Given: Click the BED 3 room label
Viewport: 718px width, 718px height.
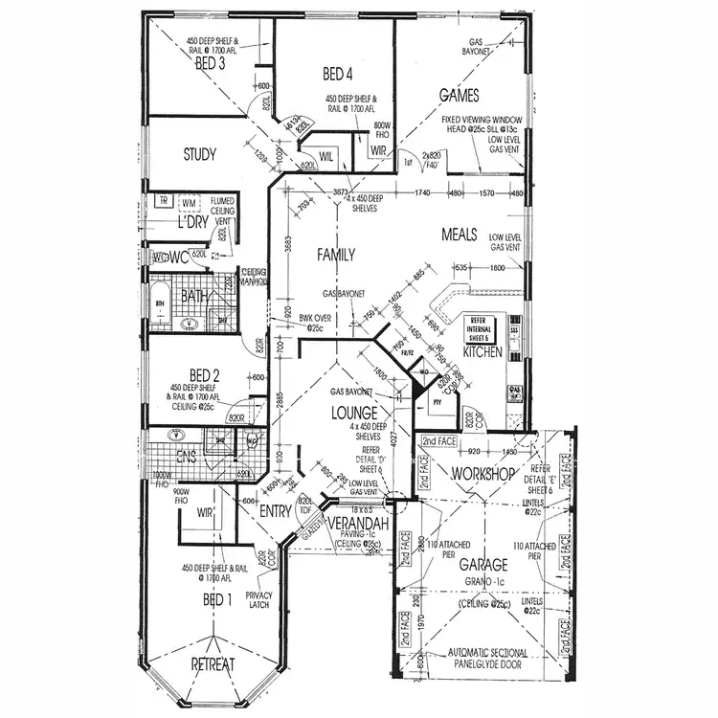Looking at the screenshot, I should click(210, 64).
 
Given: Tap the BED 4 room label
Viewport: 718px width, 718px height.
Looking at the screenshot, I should click(337, 74).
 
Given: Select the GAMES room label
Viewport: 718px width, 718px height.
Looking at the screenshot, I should click(459, 95).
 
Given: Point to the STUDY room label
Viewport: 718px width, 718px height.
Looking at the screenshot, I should click(199, 153).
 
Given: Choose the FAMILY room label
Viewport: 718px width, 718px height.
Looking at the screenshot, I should click(336, 255).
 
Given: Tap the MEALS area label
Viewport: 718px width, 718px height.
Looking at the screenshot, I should click(460, 235).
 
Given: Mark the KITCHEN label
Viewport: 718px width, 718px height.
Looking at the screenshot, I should click(482, 352).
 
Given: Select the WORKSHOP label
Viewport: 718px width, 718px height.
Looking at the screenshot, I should click(484, 474).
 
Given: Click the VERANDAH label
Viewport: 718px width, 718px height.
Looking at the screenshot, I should click(356, 526).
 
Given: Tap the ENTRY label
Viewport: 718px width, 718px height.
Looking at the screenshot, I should click(276, 512).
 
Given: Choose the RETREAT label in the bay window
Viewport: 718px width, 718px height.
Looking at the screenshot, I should click(213, 664).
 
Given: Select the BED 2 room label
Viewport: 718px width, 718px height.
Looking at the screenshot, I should click(204, 374).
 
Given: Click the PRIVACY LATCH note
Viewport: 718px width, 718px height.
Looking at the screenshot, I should click(259, 599).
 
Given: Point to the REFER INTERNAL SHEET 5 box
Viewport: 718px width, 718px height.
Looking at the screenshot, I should click(479, 327).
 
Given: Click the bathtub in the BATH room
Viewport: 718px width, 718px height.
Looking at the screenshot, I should click(159, 305).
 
